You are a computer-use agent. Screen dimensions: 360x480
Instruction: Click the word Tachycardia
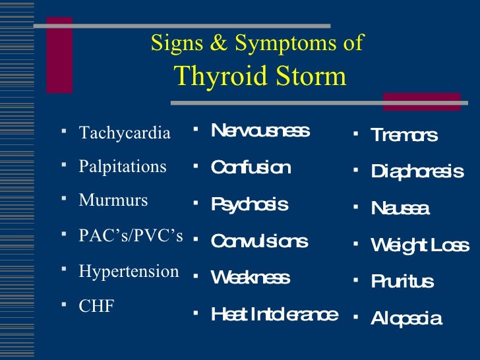click(x=125, y=133)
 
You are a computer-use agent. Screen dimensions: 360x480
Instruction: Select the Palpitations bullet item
click(x=123, y=167)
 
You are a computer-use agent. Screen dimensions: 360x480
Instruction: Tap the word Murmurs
click(x=113, y=200)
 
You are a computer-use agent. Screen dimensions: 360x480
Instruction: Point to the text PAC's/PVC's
click(x=131, y=236)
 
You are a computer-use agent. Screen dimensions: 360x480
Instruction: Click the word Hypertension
click(x=129, y=271)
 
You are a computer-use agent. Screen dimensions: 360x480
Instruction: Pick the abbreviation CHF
click(x=96, y=306)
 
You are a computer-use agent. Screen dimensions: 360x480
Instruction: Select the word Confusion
click(x=250, y=167)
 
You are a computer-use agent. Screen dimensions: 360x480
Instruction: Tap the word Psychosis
click(x=249, y=204)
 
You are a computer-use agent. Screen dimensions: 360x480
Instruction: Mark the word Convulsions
click(x=259, y=241)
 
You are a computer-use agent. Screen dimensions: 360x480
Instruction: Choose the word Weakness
click(x=250, y=278)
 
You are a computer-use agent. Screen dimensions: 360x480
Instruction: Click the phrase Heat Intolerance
click(x=274, y=315)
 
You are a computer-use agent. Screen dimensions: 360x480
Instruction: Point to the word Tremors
click(x=404, y=135)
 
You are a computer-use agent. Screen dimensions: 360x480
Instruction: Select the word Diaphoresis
click(x=417, y=172)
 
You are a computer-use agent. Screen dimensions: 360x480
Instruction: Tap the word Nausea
click(x=400, y=209)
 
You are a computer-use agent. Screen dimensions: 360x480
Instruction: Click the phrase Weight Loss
click(x=420, y=246)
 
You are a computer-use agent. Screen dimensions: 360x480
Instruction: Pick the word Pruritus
click(x=402, y=282)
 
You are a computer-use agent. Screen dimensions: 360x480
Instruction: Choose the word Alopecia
click(x=406, y=319)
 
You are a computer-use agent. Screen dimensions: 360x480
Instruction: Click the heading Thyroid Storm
click(x=260, y=76)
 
